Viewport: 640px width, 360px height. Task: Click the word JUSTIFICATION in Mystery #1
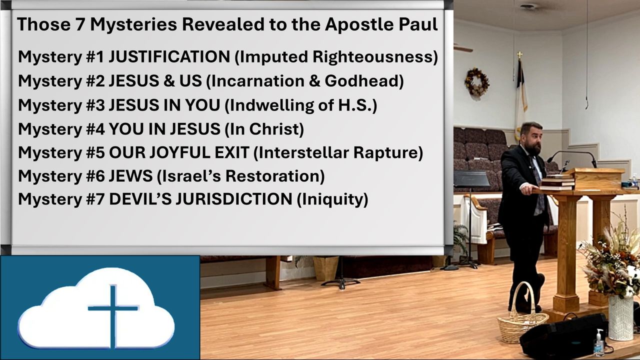[169, 56]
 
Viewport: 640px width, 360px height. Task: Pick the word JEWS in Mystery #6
[130, 175]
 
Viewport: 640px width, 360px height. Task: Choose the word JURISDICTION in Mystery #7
[233, 199]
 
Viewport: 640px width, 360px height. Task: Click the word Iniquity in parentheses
[332, 199]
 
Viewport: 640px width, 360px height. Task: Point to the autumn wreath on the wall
[477, 82]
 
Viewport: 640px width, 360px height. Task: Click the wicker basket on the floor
[521, 318]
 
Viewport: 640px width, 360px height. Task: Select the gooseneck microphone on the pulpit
[572, 158]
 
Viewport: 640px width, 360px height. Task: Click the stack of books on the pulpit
[557, 181]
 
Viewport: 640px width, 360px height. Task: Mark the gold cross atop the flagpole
[519, 55]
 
